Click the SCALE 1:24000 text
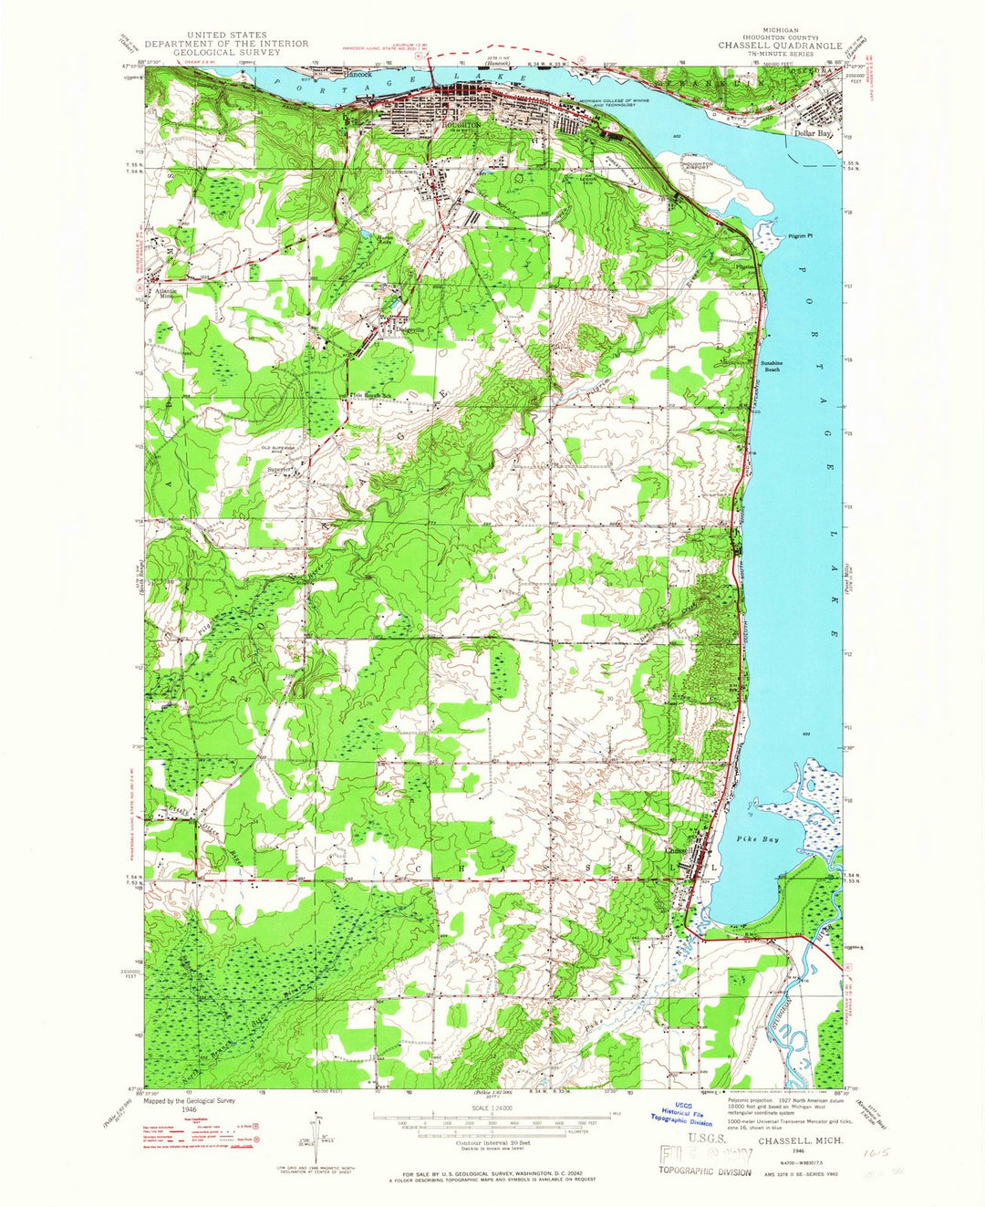(492, 1109)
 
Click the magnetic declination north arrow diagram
(317, 1131)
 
